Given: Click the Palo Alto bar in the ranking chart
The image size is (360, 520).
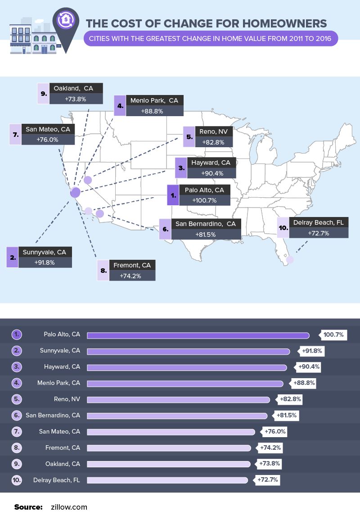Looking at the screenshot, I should [x=198, y=335].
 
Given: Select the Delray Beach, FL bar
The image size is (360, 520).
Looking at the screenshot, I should [x=167, y=480].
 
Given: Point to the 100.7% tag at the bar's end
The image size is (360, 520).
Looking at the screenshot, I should [x=333, y=335].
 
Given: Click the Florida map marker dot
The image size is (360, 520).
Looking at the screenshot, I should [x=290, y=260].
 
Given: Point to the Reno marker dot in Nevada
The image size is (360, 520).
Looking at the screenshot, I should [x=88, y=181].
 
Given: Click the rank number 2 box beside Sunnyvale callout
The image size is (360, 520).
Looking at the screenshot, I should [x=13, y=258].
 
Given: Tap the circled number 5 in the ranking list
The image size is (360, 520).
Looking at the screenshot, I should [x=17, y=399].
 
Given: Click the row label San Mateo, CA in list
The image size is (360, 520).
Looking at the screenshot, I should [x=59, y=432].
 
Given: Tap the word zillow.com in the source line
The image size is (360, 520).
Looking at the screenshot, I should [x=69, y=507].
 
